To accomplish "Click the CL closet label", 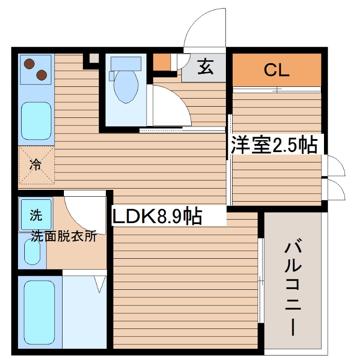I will coord(276,70).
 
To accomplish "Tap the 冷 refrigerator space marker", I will coord(36,165).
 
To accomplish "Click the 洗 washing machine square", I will coord(36,216).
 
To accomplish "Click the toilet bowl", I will coord(126,88).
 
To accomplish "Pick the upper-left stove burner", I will coord(30,63).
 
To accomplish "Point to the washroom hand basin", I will coord(32,252).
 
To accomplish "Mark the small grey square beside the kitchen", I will coord(93,58).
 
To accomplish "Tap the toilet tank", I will coord(126,63).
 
